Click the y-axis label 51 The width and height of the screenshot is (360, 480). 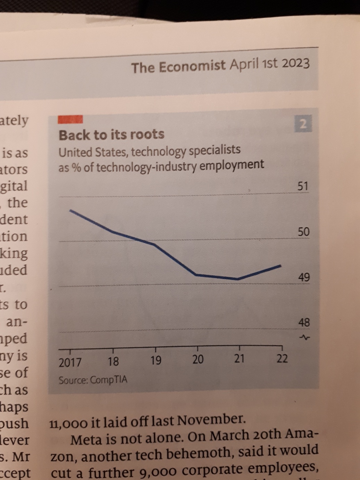pos(303,186)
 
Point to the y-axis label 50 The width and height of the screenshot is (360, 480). pos(303,232)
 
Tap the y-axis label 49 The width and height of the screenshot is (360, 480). pos(304,277)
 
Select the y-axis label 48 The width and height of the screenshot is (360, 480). pos(304,322)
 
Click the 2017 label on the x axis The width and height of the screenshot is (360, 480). pos(70,363)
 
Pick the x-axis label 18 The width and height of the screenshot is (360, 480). pos(113,362)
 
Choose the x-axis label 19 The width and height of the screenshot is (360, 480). pos(156,361)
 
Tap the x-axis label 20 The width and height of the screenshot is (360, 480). pos(198,359)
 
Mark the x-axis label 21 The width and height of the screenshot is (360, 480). pos(239,358)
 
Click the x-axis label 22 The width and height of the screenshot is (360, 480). pos(282,358)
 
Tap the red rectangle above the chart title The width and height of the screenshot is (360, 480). pos(70,119)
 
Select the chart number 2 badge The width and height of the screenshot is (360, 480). pos(303,124)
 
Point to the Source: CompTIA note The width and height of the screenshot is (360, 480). pos(93,380)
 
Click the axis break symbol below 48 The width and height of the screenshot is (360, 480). pos(304,337)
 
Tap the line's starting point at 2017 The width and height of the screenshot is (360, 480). pos(70,210)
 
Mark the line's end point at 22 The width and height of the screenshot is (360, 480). pos(281,266)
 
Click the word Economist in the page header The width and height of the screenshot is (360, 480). pos(192,66)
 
